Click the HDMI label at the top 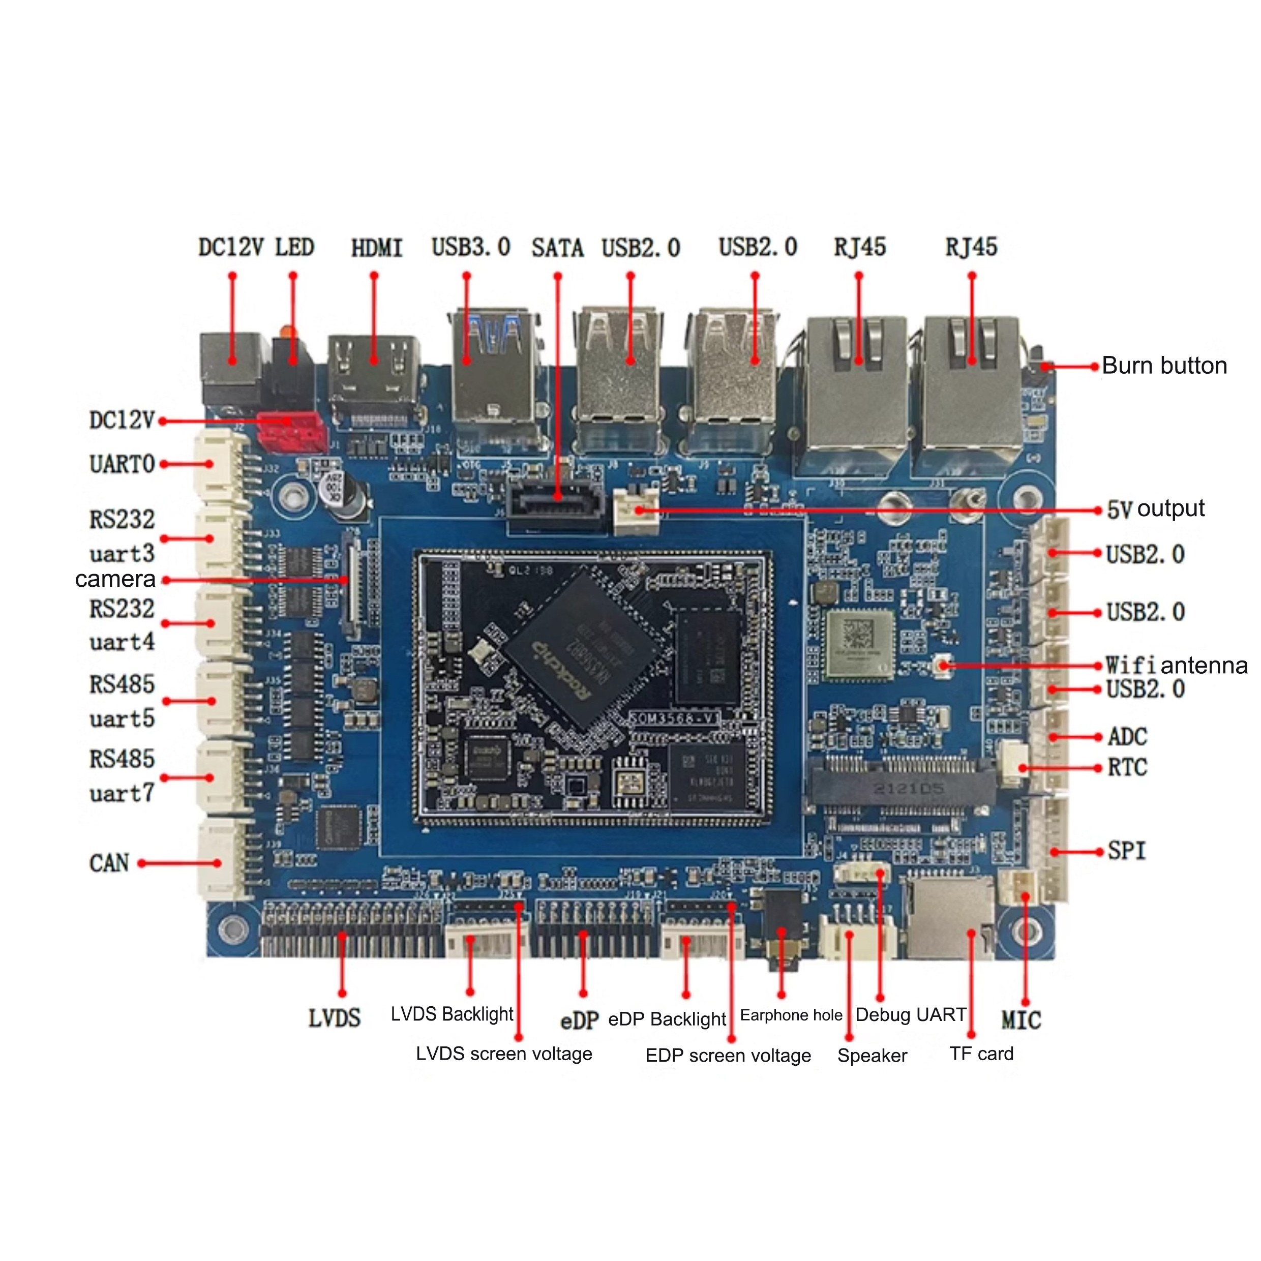pyautogui.click(x=377, y=248)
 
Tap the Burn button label pyautogui.click(x=1164, y=366)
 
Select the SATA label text pyautogui.click(x=557, y=248)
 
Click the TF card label pyautogui.click(x=981, y=1054)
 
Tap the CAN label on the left pyautogui.click(x=109, y=863)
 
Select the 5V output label pyautogui.click(x=1155, y=508)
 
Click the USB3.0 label pyautogui.click(x=471, y=248)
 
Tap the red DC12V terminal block pyautogui.click(x=291, y=431)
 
